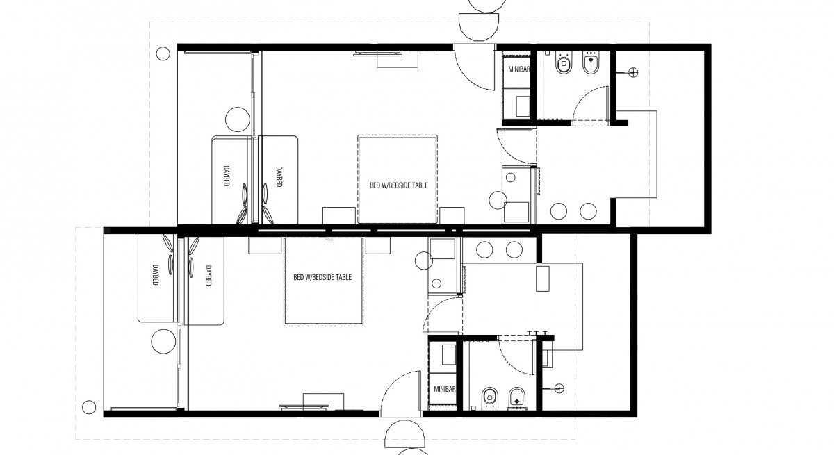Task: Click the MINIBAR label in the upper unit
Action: [519, 69]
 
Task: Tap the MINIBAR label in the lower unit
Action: [445, 389]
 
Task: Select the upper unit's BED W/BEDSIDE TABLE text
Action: [399, 185]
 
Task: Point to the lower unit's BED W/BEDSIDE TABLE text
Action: [322, 277]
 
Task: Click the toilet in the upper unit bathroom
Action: [564, 63]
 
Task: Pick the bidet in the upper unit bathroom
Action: [591, 63]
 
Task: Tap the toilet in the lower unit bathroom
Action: [489, 399]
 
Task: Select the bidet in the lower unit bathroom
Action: [516, 399]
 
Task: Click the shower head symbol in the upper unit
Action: [633, 72]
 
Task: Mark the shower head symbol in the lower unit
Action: [559, 388]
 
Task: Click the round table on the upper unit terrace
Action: [238, 119]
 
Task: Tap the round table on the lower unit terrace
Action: [163, 342]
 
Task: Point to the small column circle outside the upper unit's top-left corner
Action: [163, 53]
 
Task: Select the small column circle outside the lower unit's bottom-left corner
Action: [89, 407]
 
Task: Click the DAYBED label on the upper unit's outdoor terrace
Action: [226, 176]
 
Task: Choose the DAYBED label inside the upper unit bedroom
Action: [279, 176]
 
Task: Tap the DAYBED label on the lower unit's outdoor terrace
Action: [155, 275]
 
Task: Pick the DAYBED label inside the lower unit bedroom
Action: [208, 276]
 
